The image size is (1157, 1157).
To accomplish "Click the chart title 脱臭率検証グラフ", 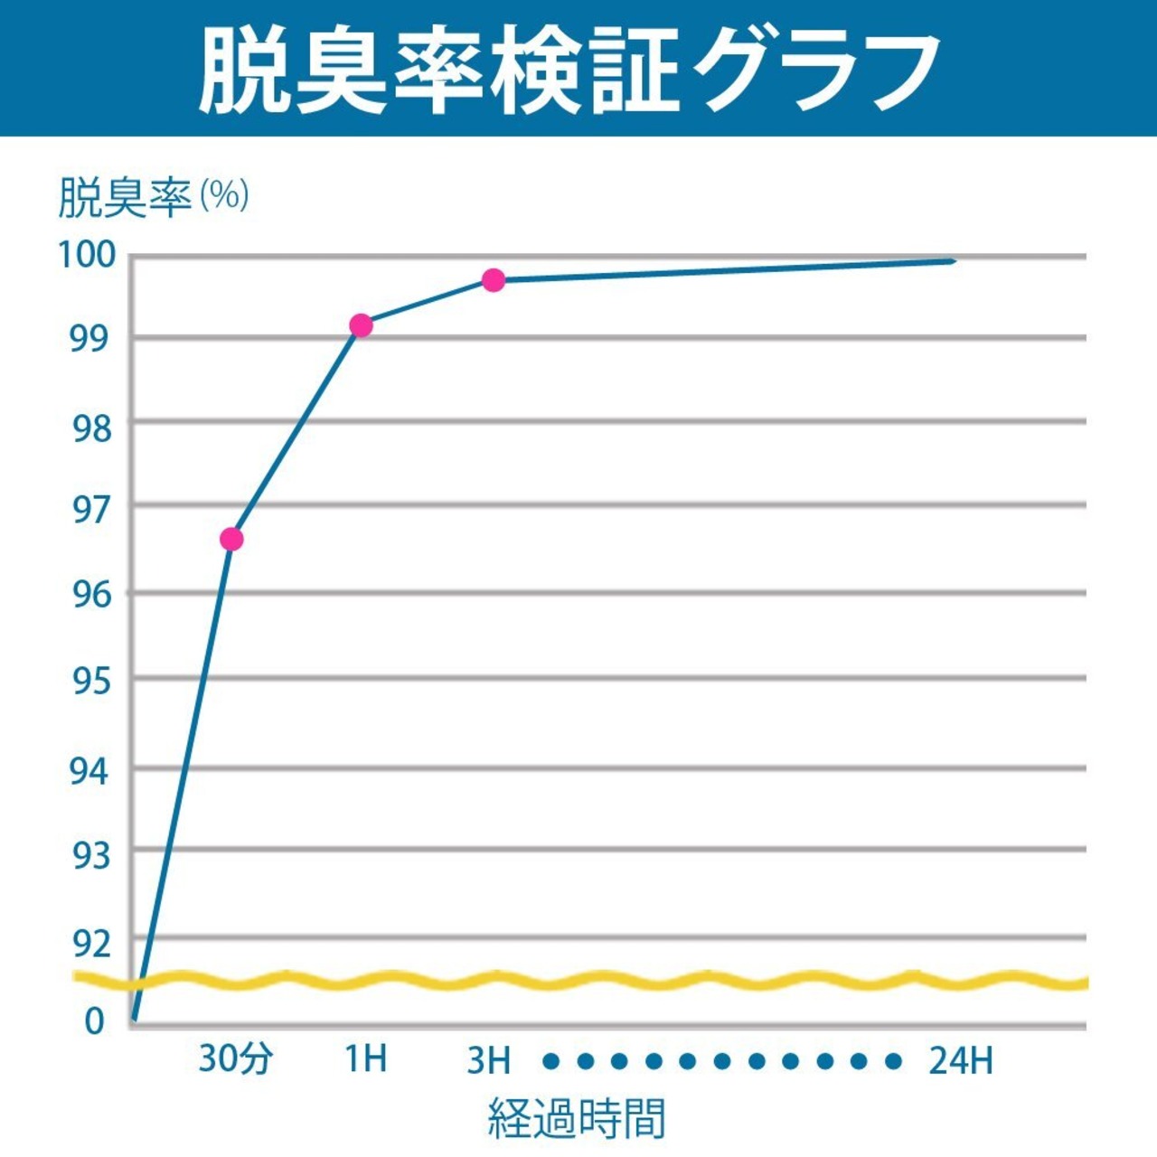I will pyautogui.click(x=569, y=71).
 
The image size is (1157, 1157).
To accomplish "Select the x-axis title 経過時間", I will pyautogui.click(x=577, y=1118).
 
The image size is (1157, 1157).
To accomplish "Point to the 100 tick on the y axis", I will pyautogui.click(x=88, y=255).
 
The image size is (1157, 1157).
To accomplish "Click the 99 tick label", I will pyautogui.click(x=90, y=338).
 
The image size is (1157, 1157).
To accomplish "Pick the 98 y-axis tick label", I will pyautogui.click(x=90, y=427).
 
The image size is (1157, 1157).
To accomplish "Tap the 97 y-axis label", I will pyautogui.click(x=90, y=511).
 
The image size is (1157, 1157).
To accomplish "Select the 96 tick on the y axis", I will pyautogui.click(x=90, y=594).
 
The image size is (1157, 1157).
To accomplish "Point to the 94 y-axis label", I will pyautogui.click(x=90, y=771).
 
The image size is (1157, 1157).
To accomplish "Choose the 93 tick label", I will pyautogui.click(x=90, y=855).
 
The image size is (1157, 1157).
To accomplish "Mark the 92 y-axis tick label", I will pyautogui.click(x=90, y=944).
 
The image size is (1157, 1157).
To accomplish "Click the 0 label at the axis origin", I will pyautogui.click(x=95, y=1021).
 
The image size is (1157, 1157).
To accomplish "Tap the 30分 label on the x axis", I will pyautogui.click(x=235, y=1058).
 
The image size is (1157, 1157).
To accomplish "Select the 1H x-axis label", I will pyautogui.click(x=366, y=1058).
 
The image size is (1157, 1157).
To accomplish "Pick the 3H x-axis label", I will pyautogui.click(x=489, y=1060).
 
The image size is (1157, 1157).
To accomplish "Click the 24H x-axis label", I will pyautogui.click(x=960, y=1060).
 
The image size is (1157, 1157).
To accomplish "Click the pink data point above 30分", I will pyautogui.click(x=231, y=540).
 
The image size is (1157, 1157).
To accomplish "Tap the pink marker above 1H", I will pyautogui.click(x=361, y=325).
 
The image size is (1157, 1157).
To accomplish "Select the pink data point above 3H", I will pyautogui.click(x=493, y=280).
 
